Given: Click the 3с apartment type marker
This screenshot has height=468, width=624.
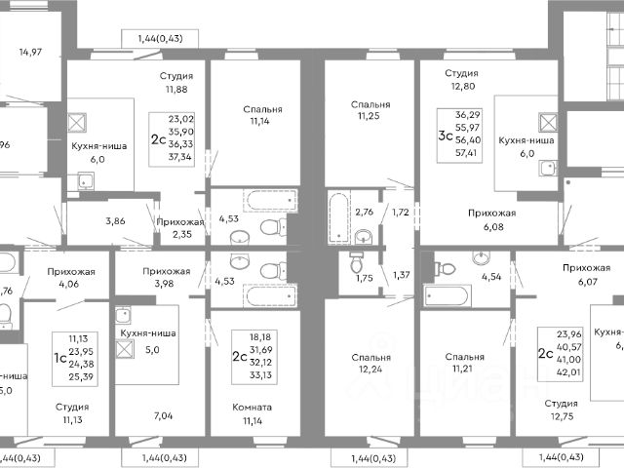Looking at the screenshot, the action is tap(445, 136).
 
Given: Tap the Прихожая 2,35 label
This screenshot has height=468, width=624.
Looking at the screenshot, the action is tap(180, 228).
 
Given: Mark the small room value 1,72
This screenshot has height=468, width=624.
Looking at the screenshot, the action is tap(400, 212).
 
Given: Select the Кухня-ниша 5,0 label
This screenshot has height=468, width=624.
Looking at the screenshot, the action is tap(146, 339).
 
